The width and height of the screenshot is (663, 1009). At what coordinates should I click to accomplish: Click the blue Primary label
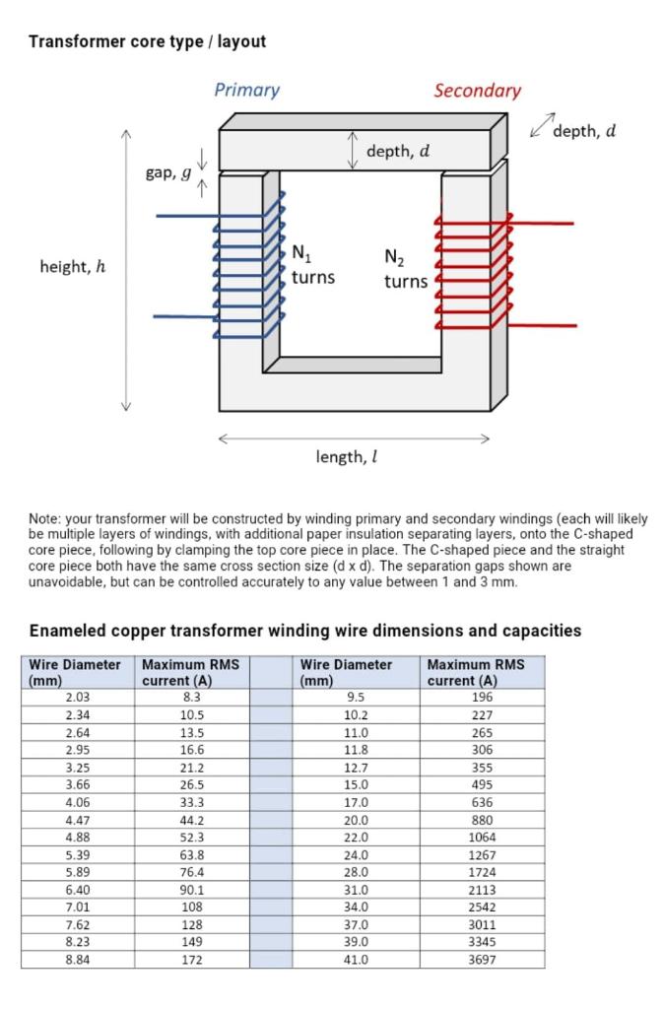(246, 90)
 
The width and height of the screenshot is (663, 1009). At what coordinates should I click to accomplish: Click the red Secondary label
(477, 91)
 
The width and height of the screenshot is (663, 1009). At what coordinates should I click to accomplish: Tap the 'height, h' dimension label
(72, 267)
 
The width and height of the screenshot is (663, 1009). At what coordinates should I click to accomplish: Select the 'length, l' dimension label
(347, 457)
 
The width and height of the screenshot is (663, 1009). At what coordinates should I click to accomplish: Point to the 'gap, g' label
(168, 172)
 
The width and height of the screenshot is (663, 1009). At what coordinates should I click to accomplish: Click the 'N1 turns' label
(312, 266)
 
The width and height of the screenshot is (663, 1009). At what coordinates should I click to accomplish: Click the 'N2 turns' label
(406, 269)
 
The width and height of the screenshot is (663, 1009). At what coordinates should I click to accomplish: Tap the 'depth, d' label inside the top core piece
(397, 152)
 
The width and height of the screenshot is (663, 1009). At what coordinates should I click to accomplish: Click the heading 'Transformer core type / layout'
(147, 41)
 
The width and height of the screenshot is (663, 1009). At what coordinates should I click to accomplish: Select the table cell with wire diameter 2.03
(77, 698)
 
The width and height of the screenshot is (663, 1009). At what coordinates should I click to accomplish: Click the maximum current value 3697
(482, 959)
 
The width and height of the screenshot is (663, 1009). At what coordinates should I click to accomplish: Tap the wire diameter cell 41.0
(356, 959)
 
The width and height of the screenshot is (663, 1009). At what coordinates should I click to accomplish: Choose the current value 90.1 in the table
(192, 889)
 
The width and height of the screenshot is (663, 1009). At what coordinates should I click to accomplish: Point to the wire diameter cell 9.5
(356, 698)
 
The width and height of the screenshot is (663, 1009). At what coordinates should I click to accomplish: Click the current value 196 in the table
(482, 698)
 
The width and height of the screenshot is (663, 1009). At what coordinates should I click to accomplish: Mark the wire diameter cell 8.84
(77, 959)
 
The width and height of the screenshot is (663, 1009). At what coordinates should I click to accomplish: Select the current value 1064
(482, 837)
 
